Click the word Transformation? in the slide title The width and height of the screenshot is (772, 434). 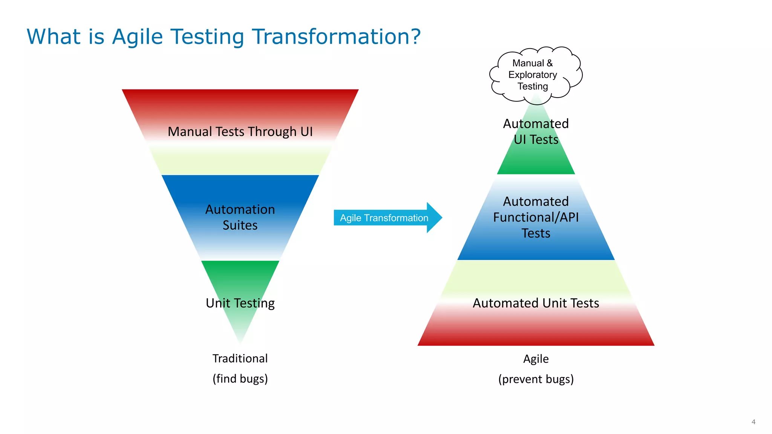pyautogui.click(x=336, y=37)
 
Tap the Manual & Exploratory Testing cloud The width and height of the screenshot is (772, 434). pyautogui.click(x=535, y=75)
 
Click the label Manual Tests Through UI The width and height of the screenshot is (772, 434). pyautogui.click(x=240, y=131)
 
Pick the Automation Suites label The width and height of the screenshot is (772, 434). pyautogui.click(x=240, y=217)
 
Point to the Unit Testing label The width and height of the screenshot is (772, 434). pyautogui.click(x=240, y=303)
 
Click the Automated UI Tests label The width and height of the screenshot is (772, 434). pyautogui.click(x=536, y=131)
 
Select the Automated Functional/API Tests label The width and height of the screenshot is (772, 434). pyautogui.click(x=536, y=217)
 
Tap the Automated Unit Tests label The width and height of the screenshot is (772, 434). pyautogui.click(x=536, y=303)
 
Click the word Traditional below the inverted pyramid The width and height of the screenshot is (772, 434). pyautogui.click(x=240, y=358)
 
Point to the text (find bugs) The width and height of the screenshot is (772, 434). pyautogui.click(x=240, y=378)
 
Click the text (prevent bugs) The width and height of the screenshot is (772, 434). pyautogui.click(x=536, y=379)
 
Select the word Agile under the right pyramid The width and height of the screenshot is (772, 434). pyautogui.click(x=536, y=359)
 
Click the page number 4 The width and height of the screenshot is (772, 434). pyautogui.click(x=753, y=422)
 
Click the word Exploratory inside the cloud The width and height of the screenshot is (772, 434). pyautogui.click(x=532, y=75)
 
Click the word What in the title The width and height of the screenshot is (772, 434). pyautogui.click(x=54, y=37)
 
